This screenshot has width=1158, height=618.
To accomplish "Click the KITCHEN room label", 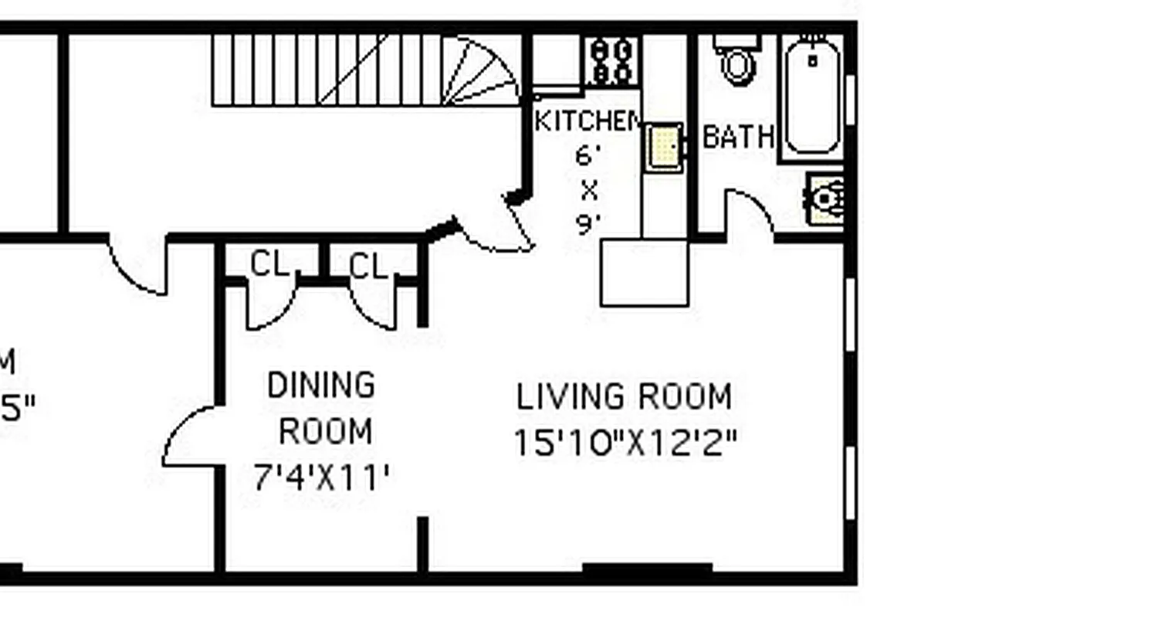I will click(x=587, y=121).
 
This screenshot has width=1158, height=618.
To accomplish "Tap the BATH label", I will click(x=738, y=138).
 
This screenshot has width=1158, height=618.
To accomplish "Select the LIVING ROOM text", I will click(x=624, y=397).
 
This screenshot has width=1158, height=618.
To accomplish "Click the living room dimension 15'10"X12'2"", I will click(x=625, y=443).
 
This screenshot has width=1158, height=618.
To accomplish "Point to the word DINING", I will click(x=321, y=385).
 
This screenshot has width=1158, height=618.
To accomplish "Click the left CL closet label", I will click(x=269, y=265).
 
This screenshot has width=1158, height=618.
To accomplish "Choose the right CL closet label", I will click(x=367, y=267).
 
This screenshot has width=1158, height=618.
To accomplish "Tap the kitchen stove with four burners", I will click(x=612, y=60).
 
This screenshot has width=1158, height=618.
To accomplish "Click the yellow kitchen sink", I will click(x=663, y=146).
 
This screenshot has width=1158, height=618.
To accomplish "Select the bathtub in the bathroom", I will click(x=812, y=97).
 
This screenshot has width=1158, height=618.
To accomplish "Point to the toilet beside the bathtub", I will click(x=738, y=61).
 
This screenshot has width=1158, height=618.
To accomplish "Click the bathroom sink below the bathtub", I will click(x=824, y=199).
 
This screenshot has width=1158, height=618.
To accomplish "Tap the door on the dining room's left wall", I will click(x=189, y=436).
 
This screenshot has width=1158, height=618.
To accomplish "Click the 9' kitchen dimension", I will click(x=588, y=225).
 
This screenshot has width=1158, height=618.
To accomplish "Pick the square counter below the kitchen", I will click(x=645, y=273).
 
